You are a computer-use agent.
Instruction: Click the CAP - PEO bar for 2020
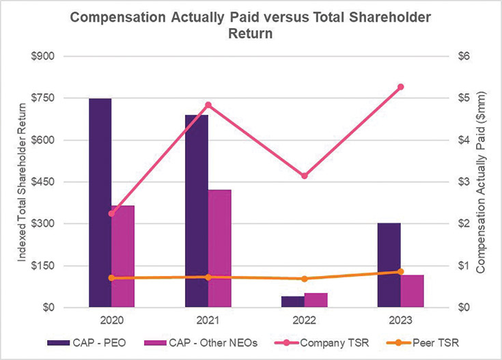[x=100, y=203]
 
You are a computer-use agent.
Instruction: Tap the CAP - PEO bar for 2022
[x=293, y=302]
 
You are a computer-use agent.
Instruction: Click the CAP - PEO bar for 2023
[x=389, y=265]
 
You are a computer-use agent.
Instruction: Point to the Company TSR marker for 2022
[x=305, y=176]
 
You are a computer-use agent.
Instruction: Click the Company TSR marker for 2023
[x=401, y=87]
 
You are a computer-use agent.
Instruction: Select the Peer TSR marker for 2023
[x=401, y=272]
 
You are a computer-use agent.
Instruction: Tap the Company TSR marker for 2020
[x=112, y=213]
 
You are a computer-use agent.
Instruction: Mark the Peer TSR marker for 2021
[x=208, y=277]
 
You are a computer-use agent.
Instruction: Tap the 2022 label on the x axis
[x=305, y=320]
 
